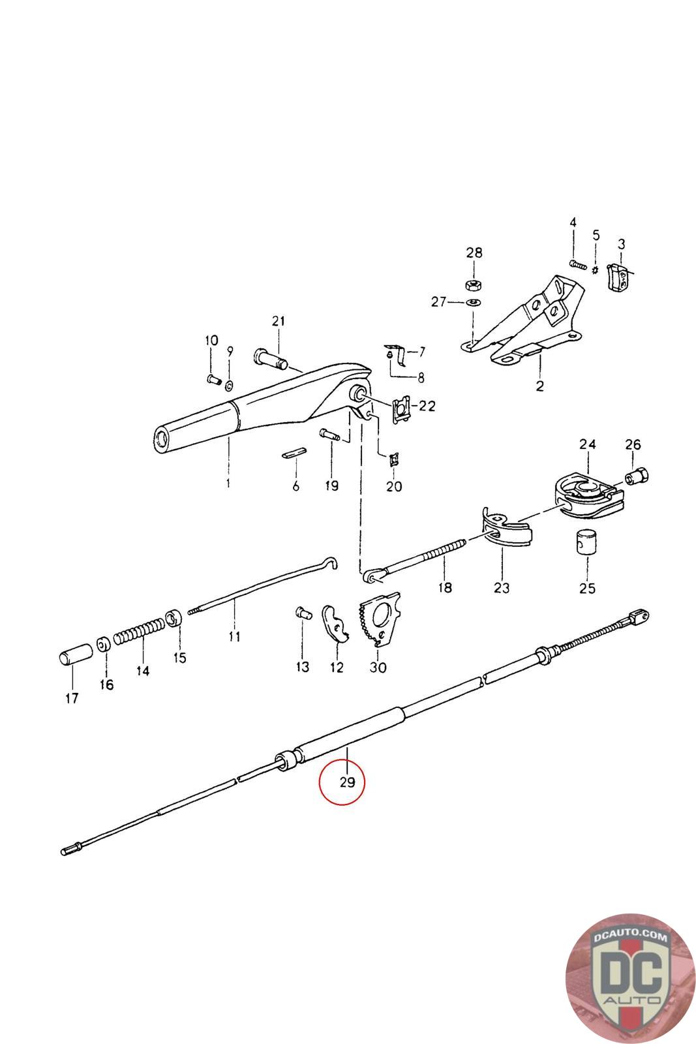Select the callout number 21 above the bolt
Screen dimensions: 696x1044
(279, 321)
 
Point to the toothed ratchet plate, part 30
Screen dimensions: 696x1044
(379, 620)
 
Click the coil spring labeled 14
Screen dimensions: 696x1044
(141, 631)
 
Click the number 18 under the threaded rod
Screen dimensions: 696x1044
(444, 587)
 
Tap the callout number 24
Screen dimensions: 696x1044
(588, 445)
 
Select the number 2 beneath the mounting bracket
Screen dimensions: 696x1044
(539, 386)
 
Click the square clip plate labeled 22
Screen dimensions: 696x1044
(402, 410)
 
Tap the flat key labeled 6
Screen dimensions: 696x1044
(296, 453)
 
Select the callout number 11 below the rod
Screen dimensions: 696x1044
(235, 636)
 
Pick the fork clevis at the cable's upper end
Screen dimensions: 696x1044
(639, 615)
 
